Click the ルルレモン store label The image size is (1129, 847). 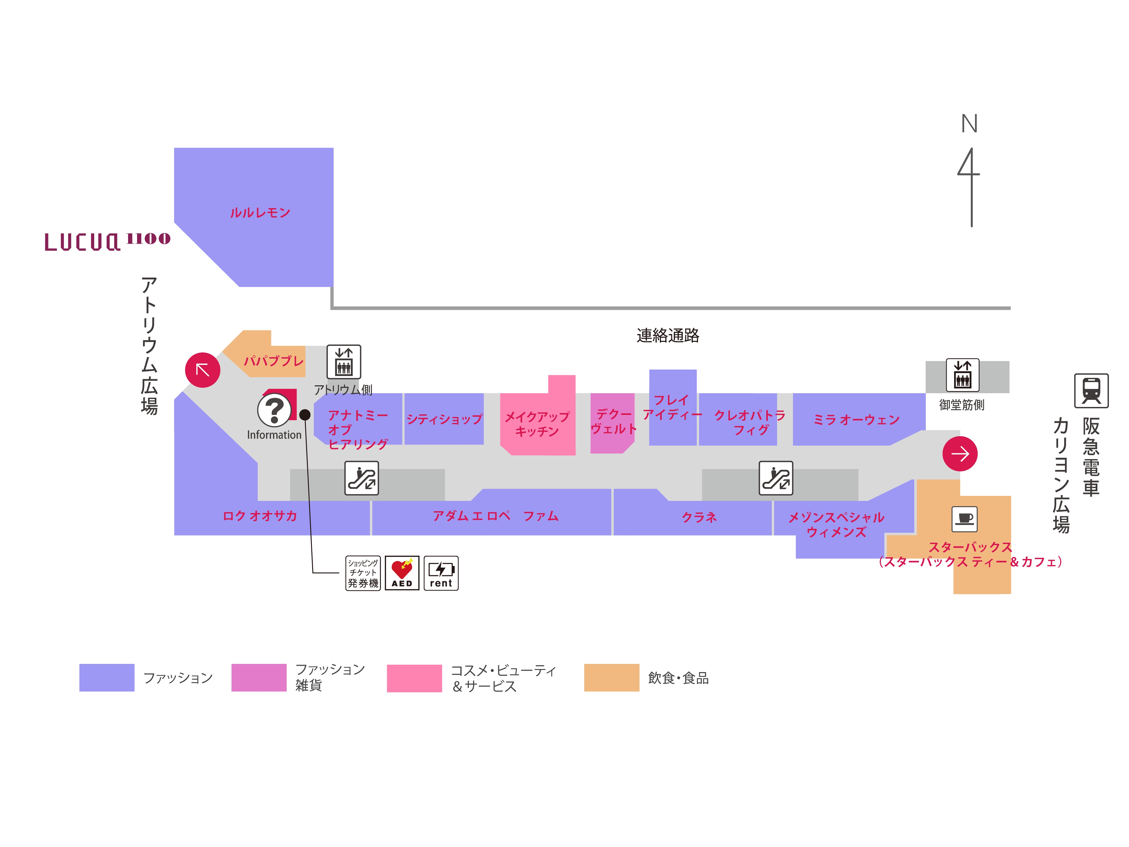pyautogui.click(x=260, y=212)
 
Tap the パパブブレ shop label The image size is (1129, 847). pyautogui.click(x=274, y=361)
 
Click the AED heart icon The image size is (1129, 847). pyautogui.click(x=402, y=573)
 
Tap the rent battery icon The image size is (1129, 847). pyautogui.click(x=441, y=573)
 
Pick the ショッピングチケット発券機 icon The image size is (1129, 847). pyautogui.click(x=363, y=573)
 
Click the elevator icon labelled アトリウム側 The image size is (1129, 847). pyautogui.click(x=343, y=362)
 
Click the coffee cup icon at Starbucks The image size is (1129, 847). pyautogui.click(x=964, y=519)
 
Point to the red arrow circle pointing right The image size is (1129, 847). pyautogui.click(x=960, y=453)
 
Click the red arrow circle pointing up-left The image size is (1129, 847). pyautogui.click(x=203, y=370)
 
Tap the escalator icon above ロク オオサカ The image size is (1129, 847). pyautogui.click(x=361, y=478)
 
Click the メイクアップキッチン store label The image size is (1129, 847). pyautogui.click(x=537, y=424)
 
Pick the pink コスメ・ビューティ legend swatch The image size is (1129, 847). pyautogui.click(x=414, y=678)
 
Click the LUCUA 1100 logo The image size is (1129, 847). pyautogui.click(x=107, y=242)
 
